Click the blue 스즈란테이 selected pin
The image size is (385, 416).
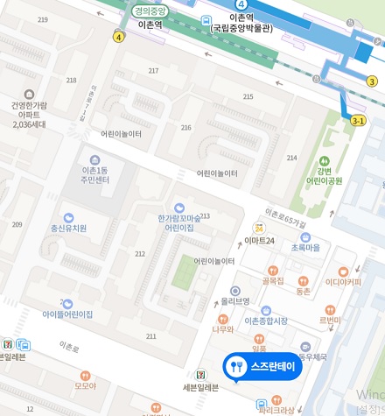click(x=262, y=365)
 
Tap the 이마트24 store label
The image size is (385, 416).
click(x=259, y=240)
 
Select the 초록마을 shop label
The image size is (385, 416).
click(x=305, y=248)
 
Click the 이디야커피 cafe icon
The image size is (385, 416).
click(x=343, y=271)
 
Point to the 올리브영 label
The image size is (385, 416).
click(x=234, y=300)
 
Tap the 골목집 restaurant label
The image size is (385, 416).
click(x=273, y=280)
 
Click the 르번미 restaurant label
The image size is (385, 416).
click(x=330, y=321)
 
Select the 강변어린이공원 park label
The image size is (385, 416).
click(x=325, y=176)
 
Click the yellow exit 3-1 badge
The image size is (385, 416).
click(x=358, y=121)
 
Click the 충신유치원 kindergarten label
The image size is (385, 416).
click(x=68, y=228)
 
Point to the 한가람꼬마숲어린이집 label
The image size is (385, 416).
click(x=179, y=222)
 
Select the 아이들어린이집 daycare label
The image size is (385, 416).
click(x=67, y=314)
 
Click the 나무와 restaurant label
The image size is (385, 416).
click(x=223, y=329)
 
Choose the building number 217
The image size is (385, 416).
click(x=154, y=71)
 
